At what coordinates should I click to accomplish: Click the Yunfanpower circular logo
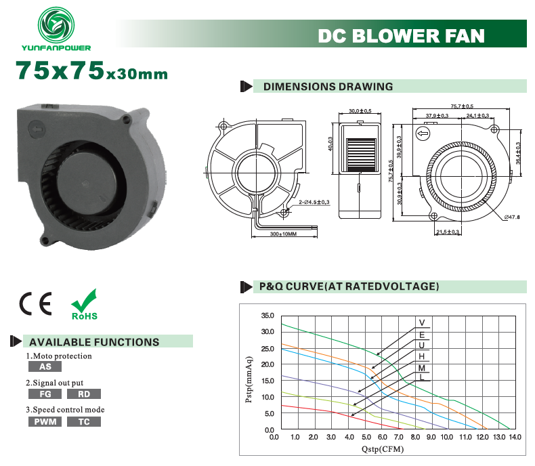(56, 25)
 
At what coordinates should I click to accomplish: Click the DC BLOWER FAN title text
(401, 36)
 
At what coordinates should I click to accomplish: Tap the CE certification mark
(35, 303)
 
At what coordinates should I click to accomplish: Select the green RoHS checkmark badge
(84, 304)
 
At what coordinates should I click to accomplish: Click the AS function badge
(45, 366)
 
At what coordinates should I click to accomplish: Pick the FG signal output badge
(45, 394)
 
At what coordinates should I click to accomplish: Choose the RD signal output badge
(84, 394)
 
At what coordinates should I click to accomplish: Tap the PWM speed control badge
(45, 422)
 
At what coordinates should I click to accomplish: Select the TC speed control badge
(84, 422)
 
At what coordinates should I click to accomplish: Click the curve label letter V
(422, 322)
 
